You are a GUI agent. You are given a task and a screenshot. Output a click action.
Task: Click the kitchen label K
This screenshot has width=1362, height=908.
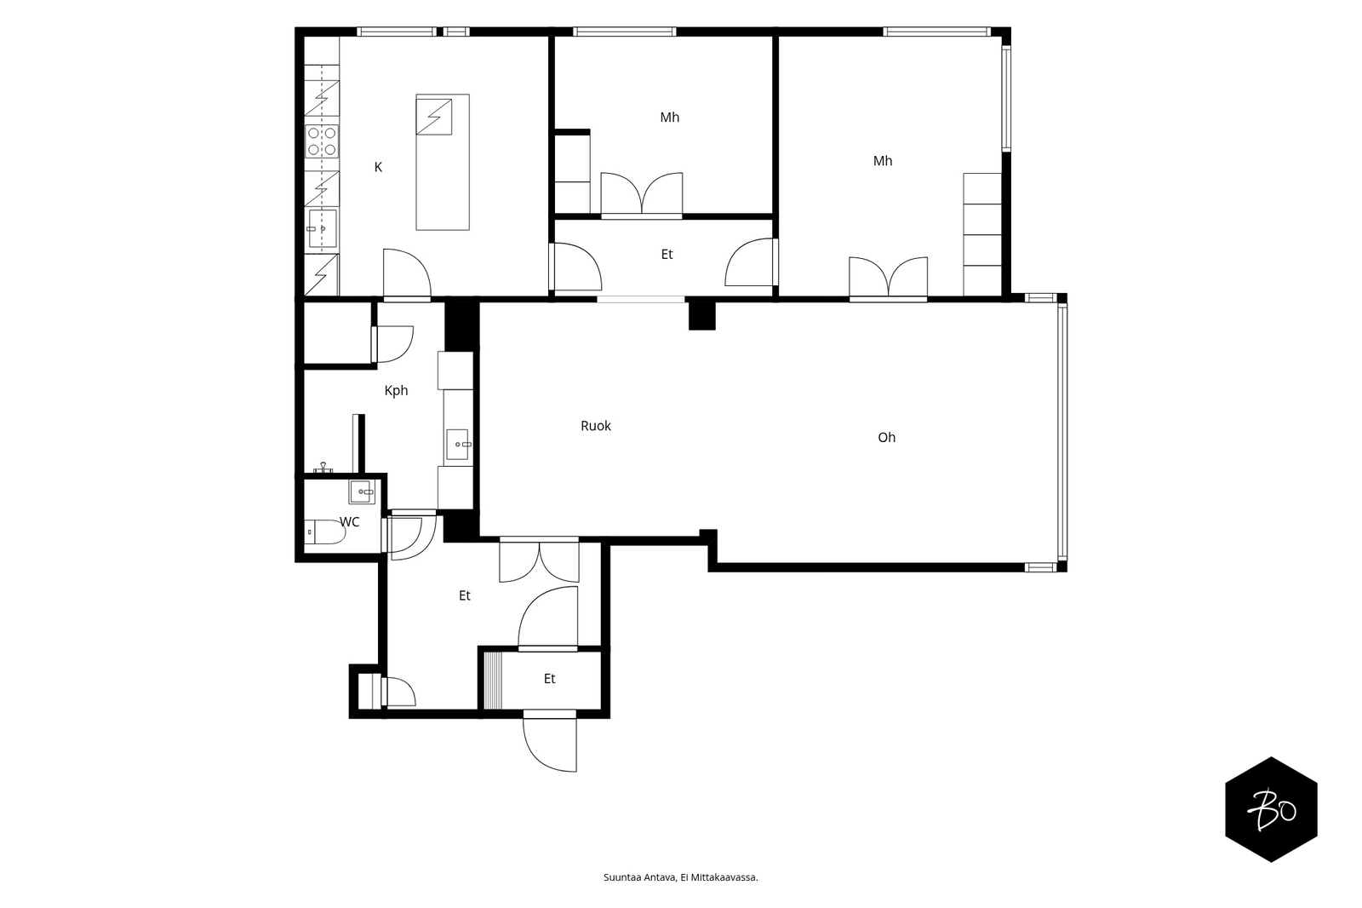pos(378,167)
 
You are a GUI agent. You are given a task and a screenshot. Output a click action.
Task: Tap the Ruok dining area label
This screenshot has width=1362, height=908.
pos(595,426)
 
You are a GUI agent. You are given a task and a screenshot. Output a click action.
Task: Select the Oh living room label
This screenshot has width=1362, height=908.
pos(886,437)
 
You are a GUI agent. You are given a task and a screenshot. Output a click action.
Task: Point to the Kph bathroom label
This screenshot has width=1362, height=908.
pos(396,391)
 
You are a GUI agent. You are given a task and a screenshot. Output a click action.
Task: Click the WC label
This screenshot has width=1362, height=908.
pos(350,521)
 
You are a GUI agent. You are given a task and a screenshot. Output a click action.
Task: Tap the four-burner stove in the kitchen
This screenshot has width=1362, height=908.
pos(322,141)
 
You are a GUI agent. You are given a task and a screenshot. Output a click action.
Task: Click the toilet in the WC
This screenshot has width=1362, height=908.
pos(324,532)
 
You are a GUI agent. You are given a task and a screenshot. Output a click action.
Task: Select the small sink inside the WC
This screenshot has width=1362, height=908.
pos(363,491)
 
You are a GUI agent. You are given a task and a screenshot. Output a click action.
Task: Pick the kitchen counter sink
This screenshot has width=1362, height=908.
pos(322,229)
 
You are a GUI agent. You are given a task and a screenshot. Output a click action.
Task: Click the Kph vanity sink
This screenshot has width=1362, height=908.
pos(458,445)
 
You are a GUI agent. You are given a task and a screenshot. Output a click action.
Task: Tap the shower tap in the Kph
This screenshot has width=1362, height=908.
pos(323,468)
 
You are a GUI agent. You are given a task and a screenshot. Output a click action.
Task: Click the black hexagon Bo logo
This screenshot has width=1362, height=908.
pos(1271,809)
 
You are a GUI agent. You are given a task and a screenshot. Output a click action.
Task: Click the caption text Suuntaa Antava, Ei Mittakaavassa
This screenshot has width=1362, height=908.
pos(680,877)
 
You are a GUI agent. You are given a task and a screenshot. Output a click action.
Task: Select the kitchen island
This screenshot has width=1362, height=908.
pos(443,162)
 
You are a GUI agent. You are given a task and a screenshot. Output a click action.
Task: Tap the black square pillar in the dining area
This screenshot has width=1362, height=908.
pos(701,316)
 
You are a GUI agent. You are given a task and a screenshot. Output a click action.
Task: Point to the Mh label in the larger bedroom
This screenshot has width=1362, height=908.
pos(882,161)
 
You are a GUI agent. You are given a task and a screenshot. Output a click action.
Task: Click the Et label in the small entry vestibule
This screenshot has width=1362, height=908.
pos(550,679)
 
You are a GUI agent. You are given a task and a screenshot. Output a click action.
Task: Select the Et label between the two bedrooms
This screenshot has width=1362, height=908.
pos(667,255)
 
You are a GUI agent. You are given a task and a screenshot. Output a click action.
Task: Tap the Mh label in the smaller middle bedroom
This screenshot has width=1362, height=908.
pos(669,117)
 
